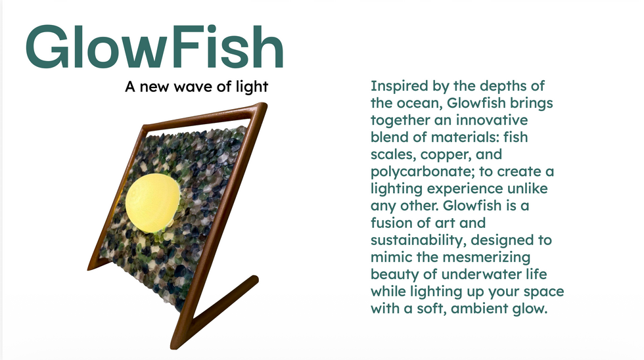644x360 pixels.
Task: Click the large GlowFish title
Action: click(x=154, y=47)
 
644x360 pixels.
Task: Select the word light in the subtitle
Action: click(x=252, y=87)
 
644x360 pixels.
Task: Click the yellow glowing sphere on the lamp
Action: click(x=152, y=203)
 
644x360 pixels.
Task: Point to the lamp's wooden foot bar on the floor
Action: click(x=216, y=312)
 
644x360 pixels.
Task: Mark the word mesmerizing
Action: click(x=486, y=258)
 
